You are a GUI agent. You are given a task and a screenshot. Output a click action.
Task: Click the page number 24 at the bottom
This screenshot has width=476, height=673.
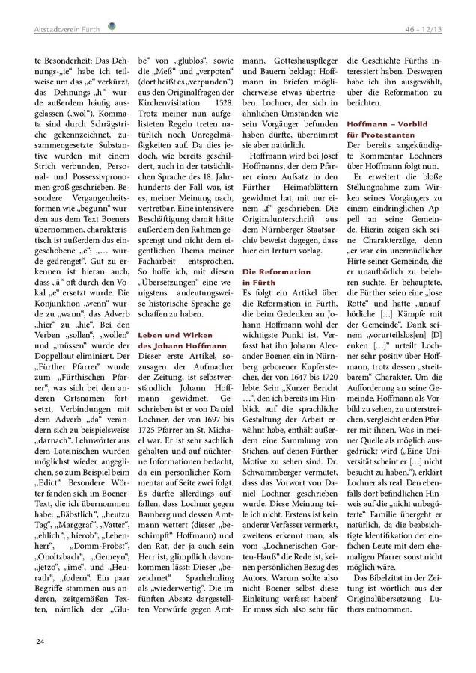[x=39, y=642]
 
